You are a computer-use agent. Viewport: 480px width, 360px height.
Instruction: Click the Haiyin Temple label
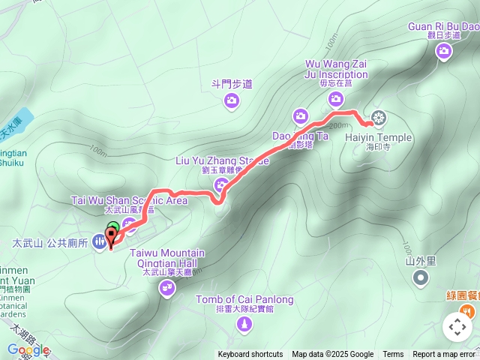[x=379, y=137]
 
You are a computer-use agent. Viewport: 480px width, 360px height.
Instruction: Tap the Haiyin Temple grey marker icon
[x=379, y=118]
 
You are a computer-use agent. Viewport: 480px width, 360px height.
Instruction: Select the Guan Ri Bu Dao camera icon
[x=444, y=50]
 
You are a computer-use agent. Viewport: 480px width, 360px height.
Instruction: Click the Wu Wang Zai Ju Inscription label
[x=337, y=69]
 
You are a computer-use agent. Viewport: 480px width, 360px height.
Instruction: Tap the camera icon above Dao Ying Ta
[x=300, y=115]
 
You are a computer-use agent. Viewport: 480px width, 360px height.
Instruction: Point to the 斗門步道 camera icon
[x=232, y=100]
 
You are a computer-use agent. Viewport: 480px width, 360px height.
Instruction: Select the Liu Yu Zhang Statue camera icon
[x=221, y=184]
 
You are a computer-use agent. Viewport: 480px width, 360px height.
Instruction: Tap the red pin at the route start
[x=112, y=239]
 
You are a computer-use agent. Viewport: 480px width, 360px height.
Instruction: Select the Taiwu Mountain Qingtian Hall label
[x=167, y=258]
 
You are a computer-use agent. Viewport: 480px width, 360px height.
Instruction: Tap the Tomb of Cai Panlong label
[x=244, y=300]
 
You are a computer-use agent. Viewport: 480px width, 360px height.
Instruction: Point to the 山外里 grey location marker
[x=421, y=278]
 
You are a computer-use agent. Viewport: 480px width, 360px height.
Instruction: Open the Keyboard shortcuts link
[x=250, y=355]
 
